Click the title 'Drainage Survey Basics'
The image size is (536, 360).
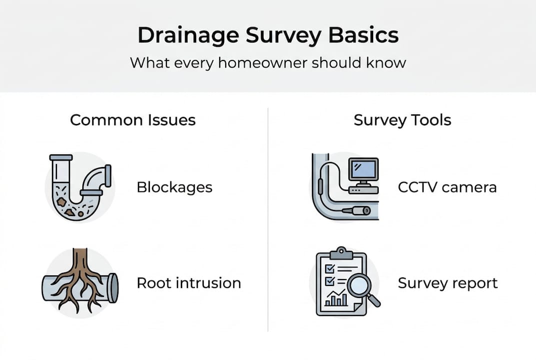(268, 36)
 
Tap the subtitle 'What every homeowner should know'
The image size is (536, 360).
(268, 63)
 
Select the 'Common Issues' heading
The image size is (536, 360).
(133, 120)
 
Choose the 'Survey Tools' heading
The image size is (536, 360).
(402, 120)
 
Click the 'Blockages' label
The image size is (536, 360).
(174, 187)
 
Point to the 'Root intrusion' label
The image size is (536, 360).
(189, 283)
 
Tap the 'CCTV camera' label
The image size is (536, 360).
(447, 187)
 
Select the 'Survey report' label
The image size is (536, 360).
(448, 283)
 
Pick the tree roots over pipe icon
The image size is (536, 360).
(80, 282)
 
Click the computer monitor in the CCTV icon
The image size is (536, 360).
(363, 170)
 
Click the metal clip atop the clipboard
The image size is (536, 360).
(341, 253)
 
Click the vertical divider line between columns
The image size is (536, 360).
(268, 220)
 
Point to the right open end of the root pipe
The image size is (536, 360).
(113, 288)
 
